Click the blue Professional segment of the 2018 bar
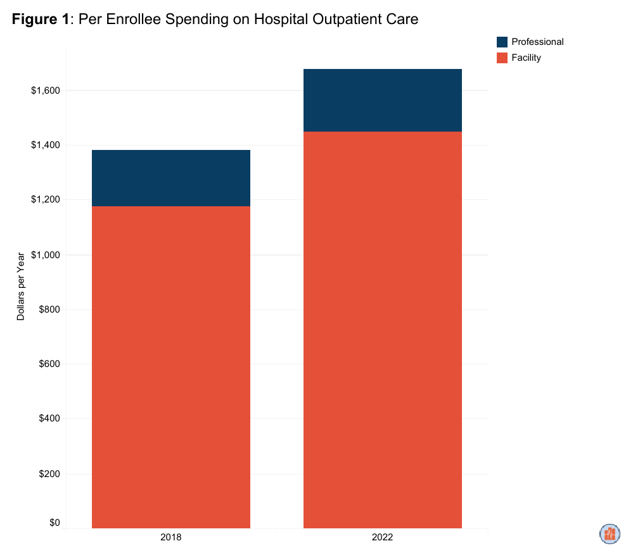click(x=171, y=178)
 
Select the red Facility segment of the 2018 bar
click(x=171, y=367)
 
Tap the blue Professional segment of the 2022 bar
click(x=383, y=100)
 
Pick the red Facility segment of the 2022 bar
click(x=383, y=329)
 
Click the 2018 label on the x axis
click(x=171, y=538)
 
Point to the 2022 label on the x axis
click(x=383, y=538)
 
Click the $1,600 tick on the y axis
click(x=45, y=90)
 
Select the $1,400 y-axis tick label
click(x=45, y=146)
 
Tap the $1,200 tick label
click(x=45, y=200)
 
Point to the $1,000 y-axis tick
click(x=45, y=255)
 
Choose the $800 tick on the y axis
click(x=49, y=309)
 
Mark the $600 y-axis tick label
click(x=49, y=364)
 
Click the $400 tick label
click(x=49, y=419)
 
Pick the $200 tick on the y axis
click(x=49, y=474)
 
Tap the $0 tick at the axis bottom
click(x=54, y=523)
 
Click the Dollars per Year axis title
click(x=21, y=287)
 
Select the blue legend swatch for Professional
click(x=502, y=42)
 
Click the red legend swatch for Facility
click(x=502, y=58)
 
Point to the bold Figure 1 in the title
click(x=41, y=20)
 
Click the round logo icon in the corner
click(x=610, y=533)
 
